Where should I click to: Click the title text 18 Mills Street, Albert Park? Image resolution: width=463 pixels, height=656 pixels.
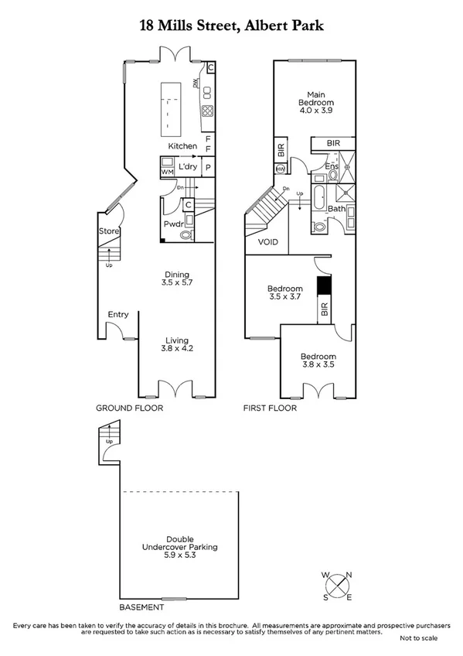[x=231, y=26]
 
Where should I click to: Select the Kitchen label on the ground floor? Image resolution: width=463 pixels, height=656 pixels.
[x=182, y=146]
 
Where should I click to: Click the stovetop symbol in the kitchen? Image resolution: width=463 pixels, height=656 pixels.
[x=207, y=110]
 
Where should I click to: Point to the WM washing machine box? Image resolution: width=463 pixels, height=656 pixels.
[x=167, y=171]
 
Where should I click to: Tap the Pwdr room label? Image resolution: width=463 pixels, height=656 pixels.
[x=172, y=224]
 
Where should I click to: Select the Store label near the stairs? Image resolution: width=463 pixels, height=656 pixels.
[x=107, y=231]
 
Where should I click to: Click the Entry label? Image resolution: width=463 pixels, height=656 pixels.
[x=118, y=314]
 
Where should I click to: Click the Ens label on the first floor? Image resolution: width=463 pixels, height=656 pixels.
[x=332, y=166]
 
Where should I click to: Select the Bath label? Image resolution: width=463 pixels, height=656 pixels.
[x=336, y=208]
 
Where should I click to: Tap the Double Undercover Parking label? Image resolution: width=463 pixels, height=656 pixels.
[x=181, y=547]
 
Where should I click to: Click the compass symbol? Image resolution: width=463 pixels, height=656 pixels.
[x=337, y=586]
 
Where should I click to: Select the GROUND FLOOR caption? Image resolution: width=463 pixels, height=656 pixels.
[x=129, y=408]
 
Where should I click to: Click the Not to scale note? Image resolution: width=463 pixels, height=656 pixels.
[x=418, y=638]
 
